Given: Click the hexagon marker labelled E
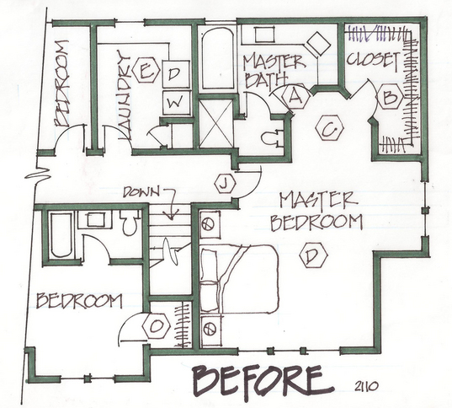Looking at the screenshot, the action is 146,70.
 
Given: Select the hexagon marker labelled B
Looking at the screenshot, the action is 391,96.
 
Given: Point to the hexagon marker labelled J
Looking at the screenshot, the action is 225,184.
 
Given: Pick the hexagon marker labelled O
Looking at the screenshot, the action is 157,325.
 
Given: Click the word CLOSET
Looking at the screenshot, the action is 374,61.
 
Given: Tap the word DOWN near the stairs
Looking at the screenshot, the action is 141,192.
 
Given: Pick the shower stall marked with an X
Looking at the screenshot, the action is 216,124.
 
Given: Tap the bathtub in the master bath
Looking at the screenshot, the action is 218,58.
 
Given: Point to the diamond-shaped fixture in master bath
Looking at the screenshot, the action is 318,43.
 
